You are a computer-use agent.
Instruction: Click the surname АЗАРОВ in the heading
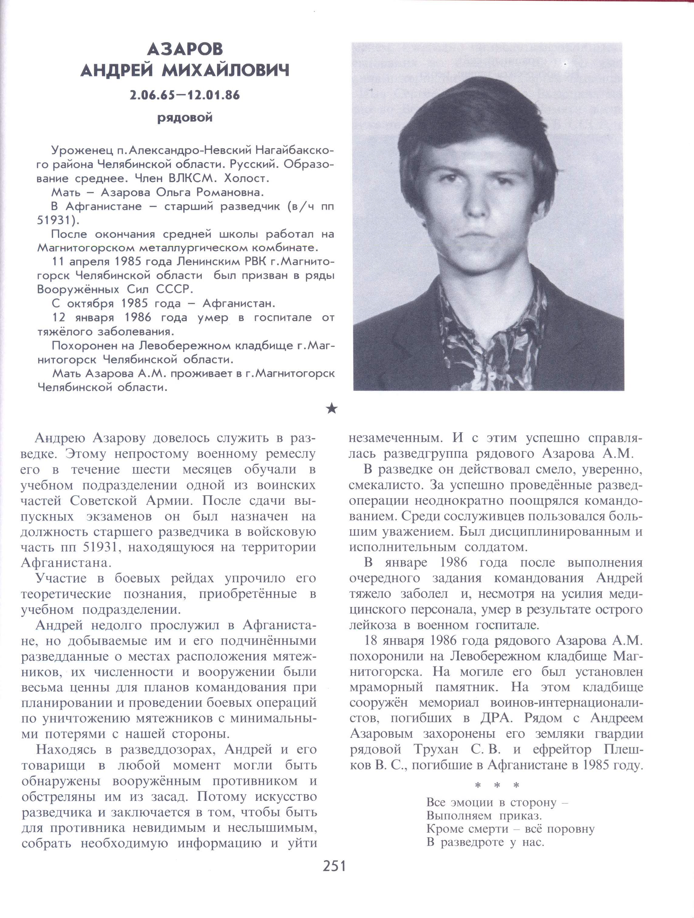coord(185,49)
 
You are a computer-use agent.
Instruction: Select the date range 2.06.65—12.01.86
coord(185,96)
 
